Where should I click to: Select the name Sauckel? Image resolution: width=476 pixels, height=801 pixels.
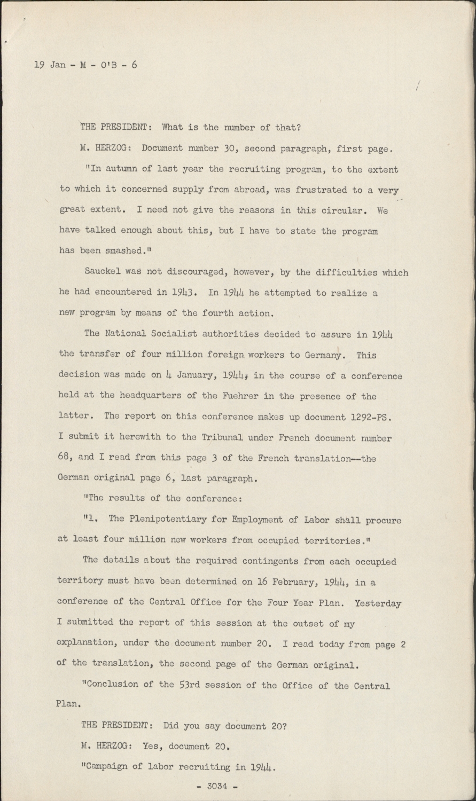tap(104, 272)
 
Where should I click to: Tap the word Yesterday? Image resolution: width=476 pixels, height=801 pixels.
tap(377, 603)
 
